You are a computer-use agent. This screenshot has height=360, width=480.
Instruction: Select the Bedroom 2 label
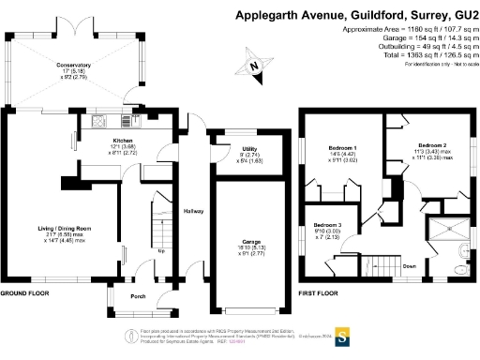pos(430,146)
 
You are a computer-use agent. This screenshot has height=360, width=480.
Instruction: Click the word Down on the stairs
pos(410,265)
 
